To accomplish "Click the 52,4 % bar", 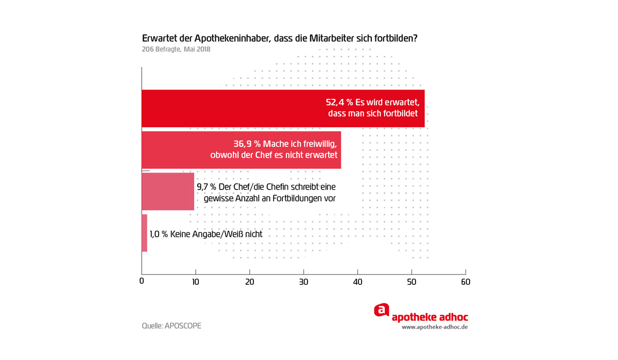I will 232,108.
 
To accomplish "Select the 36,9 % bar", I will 180,150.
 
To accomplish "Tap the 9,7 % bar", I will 168,192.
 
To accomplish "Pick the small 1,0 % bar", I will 145,233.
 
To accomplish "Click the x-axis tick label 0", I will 142,282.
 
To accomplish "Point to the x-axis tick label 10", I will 196,282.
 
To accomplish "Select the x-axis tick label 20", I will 250,282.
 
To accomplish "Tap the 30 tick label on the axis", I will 304,282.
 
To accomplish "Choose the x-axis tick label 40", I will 357,282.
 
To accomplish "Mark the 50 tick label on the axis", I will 411,282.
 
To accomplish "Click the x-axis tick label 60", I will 466,282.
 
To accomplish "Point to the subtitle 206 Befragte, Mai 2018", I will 176,49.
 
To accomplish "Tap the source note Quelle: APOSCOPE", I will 171,326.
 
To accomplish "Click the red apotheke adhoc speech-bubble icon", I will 381,310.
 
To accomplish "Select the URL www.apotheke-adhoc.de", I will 435,327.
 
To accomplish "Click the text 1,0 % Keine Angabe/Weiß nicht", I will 206,234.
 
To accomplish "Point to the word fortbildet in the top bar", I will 400,113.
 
